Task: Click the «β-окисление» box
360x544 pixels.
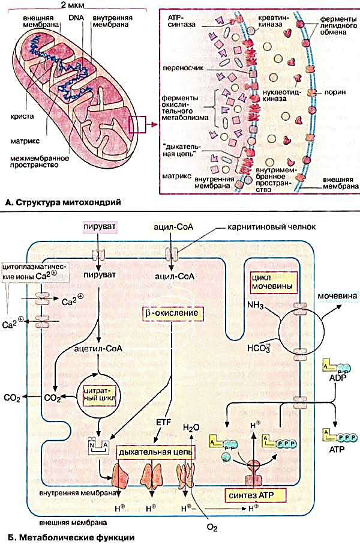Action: click(x=172, y=313)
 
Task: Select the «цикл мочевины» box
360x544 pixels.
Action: click(x=273, y=282)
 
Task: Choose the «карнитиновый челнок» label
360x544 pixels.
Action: click(x=272, y=227)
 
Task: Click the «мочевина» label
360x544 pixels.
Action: click(x=337, y=296)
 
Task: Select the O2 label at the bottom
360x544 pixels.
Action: click(x=212, y=528)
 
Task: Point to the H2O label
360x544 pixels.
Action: click(x=191, y=428)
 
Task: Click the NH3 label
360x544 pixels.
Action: click(x=256, y=306)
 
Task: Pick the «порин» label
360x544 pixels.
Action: click(x=335, y=92)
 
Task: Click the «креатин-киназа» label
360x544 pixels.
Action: click(x=270, y=21)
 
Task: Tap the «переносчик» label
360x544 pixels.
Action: click(x=183, y=68)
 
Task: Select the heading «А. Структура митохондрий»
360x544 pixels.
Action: click(x=63, y=202)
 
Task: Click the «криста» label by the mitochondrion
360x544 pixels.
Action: click(x=22, y=116)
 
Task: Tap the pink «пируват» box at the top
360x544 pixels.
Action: click(x=99, y=226)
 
